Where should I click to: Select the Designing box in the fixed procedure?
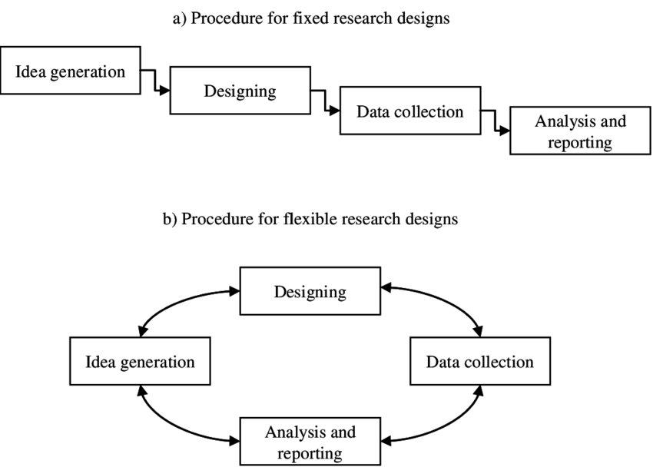click(x=240, y=91)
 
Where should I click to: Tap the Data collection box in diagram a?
click(x=409, y=112)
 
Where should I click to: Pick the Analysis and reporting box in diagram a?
click(x=580, y=131)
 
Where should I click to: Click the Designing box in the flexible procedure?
click(x=310, y=292)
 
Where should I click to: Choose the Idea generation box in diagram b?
click(x=139, y=361)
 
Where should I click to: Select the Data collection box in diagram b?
click(x=479, y=361)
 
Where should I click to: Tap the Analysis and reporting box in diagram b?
click(x=310, y=442)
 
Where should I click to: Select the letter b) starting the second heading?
click(x=170, y=219)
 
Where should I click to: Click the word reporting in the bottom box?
click(x=310, y=453)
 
